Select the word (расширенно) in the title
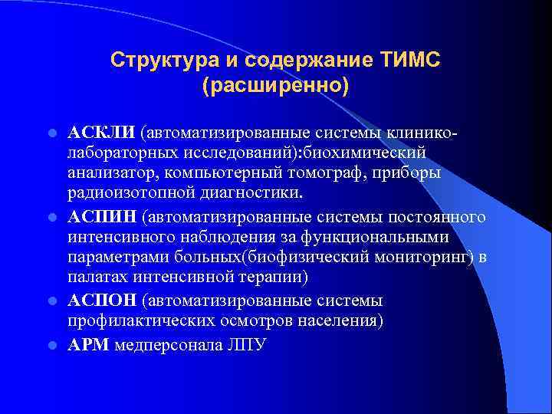click(x=275, y=84)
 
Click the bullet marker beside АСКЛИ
click(x=51, y=132)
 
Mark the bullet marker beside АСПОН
click(x=51, y=301)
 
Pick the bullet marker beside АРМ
click(x=51, y=345)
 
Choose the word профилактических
click(x=143, y=320)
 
